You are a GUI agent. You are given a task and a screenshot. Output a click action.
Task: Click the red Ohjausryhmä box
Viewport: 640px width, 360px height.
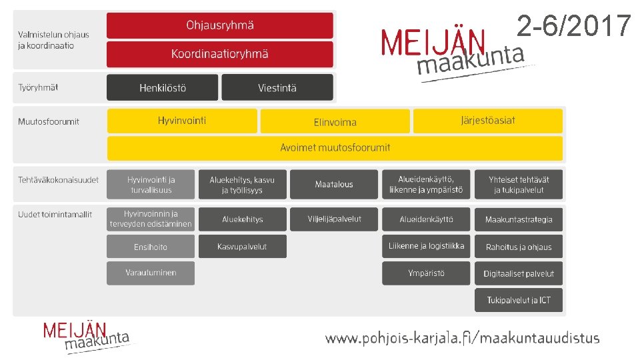click(219, 25)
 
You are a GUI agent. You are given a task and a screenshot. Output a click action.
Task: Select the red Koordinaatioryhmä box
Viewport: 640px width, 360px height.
click(219, 54)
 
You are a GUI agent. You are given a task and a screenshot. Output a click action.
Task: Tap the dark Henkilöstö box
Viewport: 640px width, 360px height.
click(162, 87)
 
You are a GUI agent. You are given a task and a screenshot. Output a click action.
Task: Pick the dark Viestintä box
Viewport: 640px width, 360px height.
click(277, 87)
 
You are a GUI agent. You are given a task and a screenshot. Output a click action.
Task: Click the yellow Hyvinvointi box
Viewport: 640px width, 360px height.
click(182, 121)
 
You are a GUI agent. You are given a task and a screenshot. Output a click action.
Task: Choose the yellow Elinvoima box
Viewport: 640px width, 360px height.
click(335, 121)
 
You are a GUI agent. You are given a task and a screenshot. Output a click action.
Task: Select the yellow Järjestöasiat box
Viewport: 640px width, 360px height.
click(488, 121)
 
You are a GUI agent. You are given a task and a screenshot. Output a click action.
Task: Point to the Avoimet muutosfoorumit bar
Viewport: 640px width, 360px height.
click(335, 147)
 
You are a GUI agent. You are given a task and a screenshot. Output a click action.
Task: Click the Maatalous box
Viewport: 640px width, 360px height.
click(334, 184)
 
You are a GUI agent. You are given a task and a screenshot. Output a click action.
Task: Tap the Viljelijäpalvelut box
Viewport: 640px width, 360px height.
click(334, 219)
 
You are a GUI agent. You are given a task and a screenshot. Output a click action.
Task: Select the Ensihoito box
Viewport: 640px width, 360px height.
click(151, 247)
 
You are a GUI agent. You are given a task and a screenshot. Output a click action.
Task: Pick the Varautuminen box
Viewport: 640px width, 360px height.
click(151, 273)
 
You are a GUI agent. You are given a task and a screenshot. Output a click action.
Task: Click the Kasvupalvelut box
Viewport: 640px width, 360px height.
click(243, 247)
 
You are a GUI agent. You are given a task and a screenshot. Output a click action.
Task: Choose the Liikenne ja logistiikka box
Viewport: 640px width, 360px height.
click(426, 246)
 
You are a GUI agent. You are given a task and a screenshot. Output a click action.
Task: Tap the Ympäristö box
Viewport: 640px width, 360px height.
click(426, 273)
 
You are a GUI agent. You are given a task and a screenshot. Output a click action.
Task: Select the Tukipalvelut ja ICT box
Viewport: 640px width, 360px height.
click(519, 300)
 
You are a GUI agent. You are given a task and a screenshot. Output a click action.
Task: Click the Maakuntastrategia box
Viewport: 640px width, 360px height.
click(519, 219)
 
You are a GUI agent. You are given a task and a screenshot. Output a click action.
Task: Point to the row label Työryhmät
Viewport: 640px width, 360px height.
click(38, 87)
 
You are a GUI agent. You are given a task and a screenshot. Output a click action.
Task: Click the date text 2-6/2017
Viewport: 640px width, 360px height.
click(573, 27)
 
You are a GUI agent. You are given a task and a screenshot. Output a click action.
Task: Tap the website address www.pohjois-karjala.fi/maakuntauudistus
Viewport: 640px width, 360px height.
click(462, 338)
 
